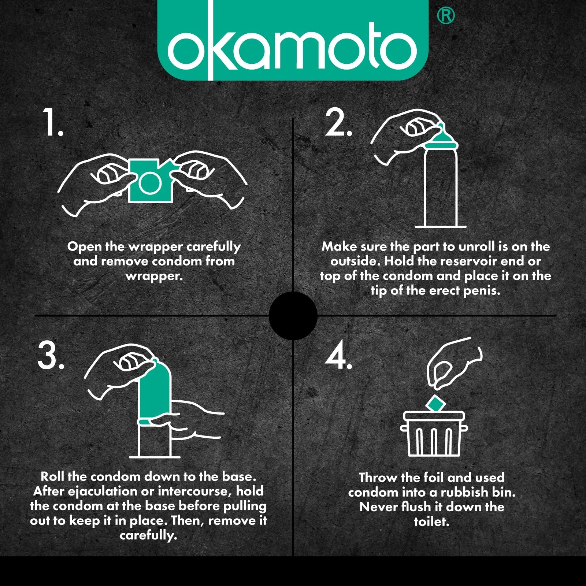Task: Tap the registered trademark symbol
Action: [x=446, y=16]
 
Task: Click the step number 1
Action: [x=53, y=122]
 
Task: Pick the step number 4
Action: [x=339, y=355]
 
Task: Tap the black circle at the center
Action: [x=293, y=316]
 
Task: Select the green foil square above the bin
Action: [x=435, y=404]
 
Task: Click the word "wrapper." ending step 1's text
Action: [x=154, y=276]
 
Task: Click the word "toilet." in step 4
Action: [x=431, y=521]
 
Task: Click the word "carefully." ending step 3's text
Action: [x=148, y=535]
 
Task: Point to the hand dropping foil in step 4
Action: [x=454, y=363]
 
